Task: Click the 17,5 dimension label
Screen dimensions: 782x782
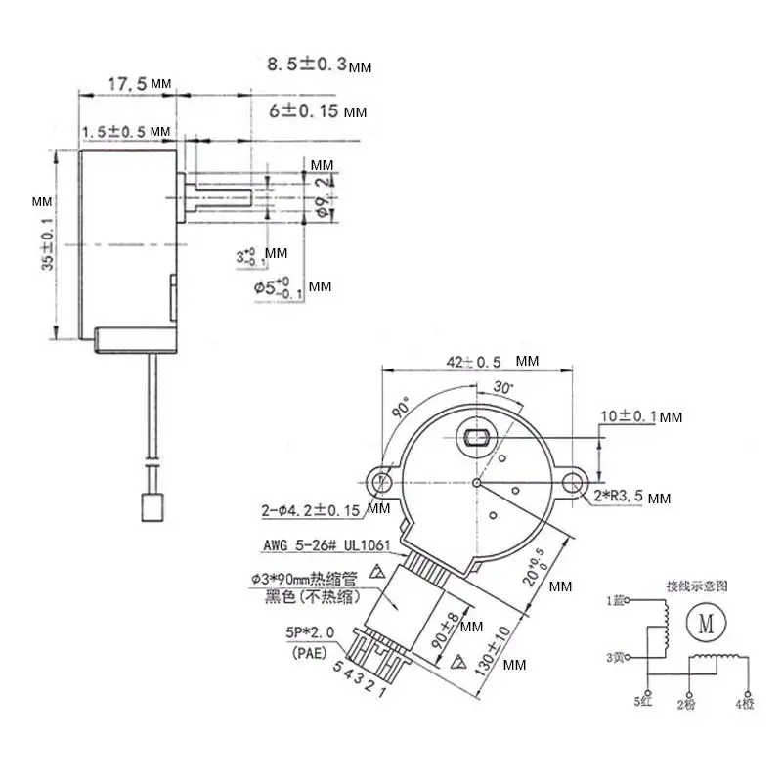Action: pyautogui.click(x=127, y=85)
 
